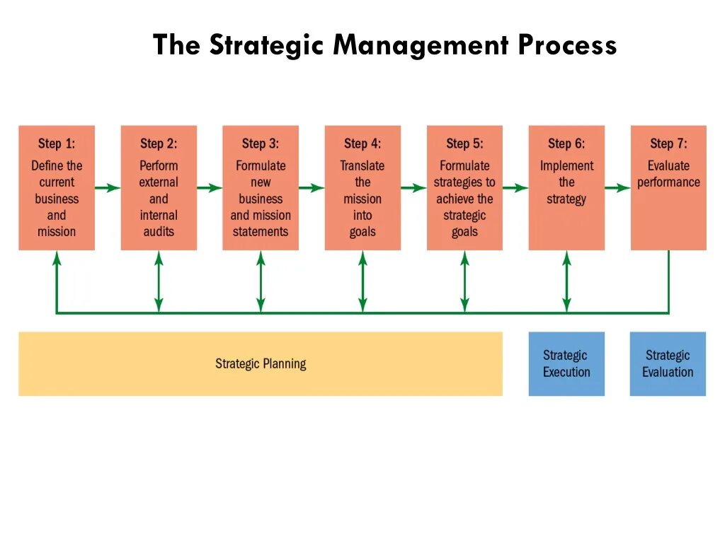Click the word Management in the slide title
pyautogui.click(x=421, y=46)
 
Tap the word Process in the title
pyautogui.click(x=567, y=46)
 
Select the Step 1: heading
pyautogui.click(x=57, y=144)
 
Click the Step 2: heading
pyautogui.click(x=159, y=144)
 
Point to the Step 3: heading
pyautogui.click(x=261, y=144)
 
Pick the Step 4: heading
pyautogui.click(x=362, y=144)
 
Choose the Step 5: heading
pyautogui.click(x=464, y=144)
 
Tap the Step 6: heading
pyautogui.click(x=566, y=144)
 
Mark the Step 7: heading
pyautogui.click(x=668, y=144)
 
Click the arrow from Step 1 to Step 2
pyautogui.click(x=108, y=188)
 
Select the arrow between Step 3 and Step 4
pyautogui.click(x=312, y=188)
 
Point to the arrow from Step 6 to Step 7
pyautogui.click(x=617, y=188)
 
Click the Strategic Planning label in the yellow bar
pyautogui.click(x=261, y=364)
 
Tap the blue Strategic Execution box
pyautogui.click(x=566, y=363)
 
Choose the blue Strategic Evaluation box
pyautogui.click(x=668, y=363)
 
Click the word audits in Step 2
pyautogui.click(x=159, y=232)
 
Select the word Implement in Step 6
pyautogui.click(x=566, y=166)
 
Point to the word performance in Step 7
pyautogui.click(x=668, y=182)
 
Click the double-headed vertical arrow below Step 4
pyautogui.click(x=362, y=281)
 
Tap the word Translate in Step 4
pyautogui.click(x=362, y=166)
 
